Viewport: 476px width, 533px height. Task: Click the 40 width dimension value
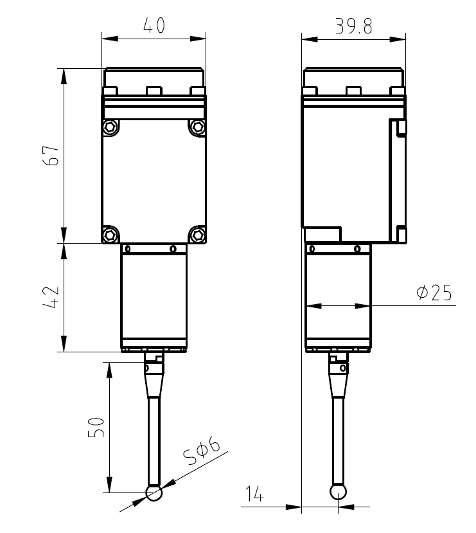pos(154,26)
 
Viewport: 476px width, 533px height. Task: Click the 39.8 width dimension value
pos(354,26)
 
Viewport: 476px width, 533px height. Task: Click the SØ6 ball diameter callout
pos(202,453)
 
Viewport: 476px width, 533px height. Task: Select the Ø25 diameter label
pos(434,293)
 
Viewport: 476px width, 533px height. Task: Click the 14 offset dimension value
pos(254,494)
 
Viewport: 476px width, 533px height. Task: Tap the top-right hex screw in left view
pos(197,127)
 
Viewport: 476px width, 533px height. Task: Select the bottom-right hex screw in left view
pos(197,232)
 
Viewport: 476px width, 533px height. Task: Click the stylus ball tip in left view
pos(154,493)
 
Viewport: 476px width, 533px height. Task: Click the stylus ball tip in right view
pos(338,492)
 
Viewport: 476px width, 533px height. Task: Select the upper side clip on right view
pos(401,127)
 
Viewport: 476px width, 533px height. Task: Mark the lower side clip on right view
pos(401,234)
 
